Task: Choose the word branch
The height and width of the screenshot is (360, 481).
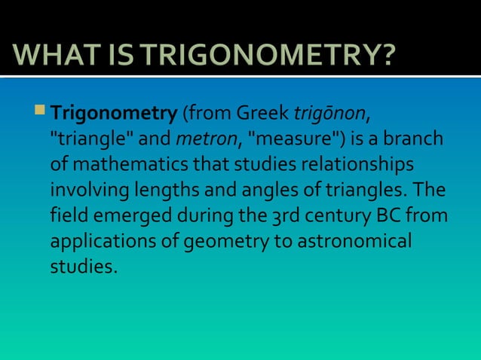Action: coord(418,141)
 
